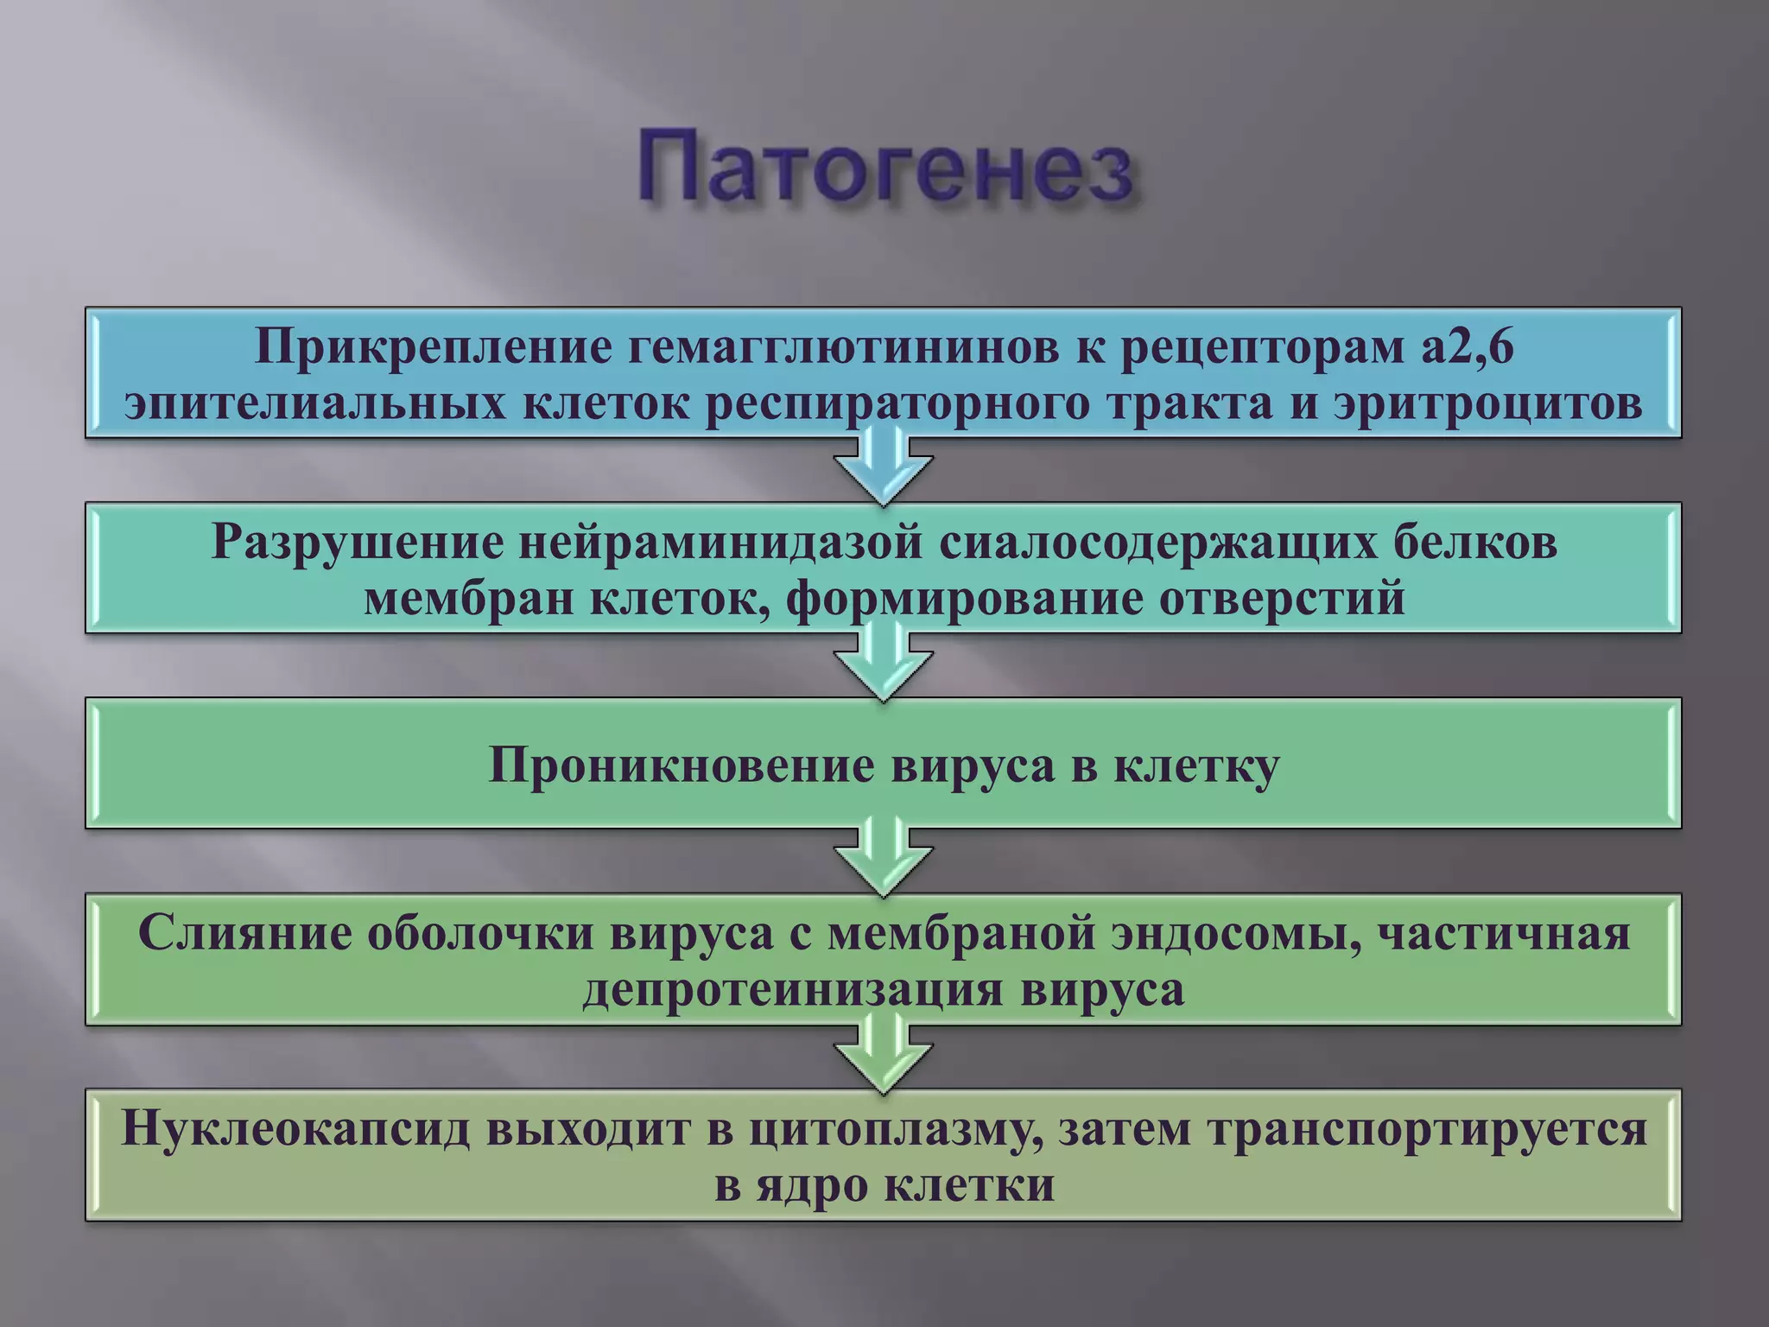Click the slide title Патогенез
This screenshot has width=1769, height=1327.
(x=884, y=168)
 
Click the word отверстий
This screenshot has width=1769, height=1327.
(x=1282, y=599)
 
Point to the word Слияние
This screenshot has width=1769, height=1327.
(x=244, y=934)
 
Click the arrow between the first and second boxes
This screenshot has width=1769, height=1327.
(x=883, y=471)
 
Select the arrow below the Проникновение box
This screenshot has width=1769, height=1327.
(x=883, y=860)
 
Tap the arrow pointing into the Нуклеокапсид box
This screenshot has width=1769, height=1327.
(x=883, y=1057)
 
